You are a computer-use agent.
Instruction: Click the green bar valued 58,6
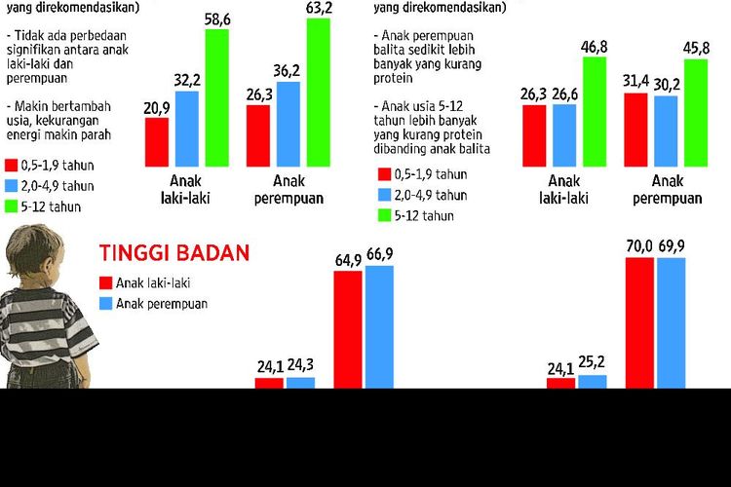(x=216, y=97)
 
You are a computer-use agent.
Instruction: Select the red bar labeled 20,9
(x=157, y=141)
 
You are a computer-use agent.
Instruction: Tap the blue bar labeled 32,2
(x=187, y=128)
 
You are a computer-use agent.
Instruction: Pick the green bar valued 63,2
(x=318, y=93)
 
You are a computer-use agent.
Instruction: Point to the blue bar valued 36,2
(x=289, y=124)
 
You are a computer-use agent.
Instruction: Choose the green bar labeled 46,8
(x=594, y=111)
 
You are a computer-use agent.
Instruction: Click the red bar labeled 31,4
(x=635, y=130)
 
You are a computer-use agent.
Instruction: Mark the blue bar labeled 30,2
(x=666, y=131)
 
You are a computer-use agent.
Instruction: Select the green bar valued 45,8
(x=695, y=112)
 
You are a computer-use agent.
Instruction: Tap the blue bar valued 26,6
(x=564, y=134)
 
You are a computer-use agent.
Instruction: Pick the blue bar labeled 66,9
(x=378, y=326)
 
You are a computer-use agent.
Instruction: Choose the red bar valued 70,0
(x=639, y=322)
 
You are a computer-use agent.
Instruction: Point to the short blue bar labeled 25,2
(x=592, y=382)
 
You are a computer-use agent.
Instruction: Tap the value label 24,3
(x=301, y=367)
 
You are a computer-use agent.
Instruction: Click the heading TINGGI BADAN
(x=174, y=253)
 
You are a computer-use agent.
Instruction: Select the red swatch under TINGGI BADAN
(x=105, y=282)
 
